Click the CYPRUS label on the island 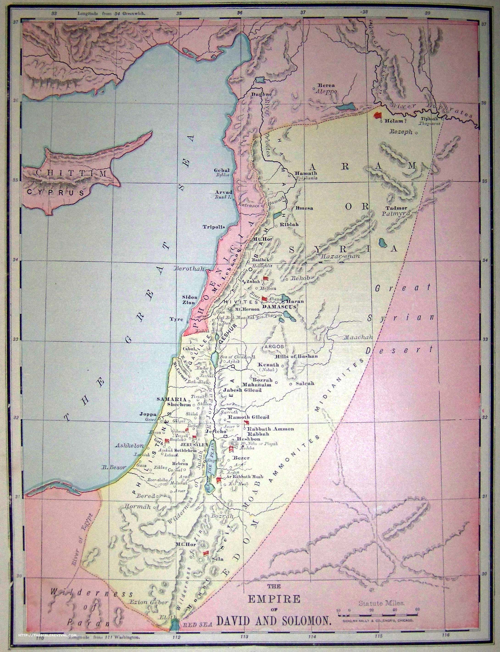[56, 192]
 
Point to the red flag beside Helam [378, 115]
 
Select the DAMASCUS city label [279, 306]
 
